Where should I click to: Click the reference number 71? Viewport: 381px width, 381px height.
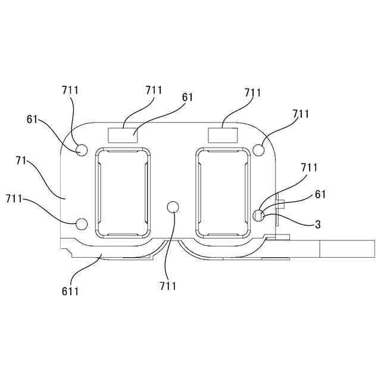(21, 161)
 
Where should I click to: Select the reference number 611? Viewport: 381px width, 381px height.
(70, 291)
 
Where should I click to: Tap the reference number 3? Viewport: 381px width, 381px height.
(318, 224)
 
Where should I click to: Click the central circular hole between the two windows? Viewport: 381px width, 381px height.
(173, 207)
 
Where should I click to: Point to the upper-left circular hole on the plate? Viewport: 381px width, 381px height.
(82, 149)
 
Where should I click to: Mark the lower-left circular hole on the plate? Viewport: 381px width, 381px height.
(82, 224)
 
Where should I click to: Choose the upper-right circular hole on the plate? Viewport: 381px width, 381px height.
(259, 149)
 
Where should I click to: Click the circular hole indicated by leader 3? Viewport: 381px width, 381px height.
(259, 215)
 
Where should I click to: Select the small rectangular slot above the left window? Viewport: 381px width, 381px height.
(122, 135)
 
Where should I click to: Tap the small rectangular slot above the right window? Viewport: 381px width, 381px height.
(223, 135)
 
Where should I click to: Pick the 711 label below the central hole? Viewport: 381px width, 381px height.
(168, 286)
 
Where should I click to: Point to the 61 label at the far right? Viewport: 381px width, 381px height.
(320, 195)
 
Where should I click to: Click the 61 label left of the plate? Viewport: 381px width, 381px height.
(33, 118)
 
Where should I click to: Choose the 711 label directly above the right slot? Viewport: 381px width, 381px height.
(253, 93)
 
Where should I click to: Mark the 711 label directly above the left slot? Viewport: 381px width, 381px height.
(154, 90)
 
